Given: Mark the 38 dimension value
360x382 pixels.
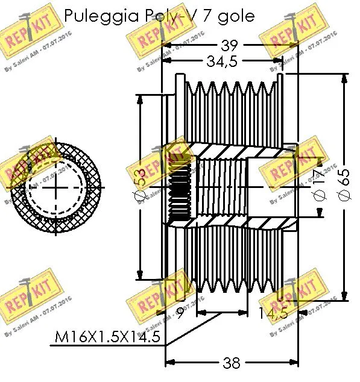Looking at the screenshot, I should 231,363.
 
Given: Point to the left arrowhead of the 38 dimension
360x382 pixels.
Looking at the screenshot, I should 169,363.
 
